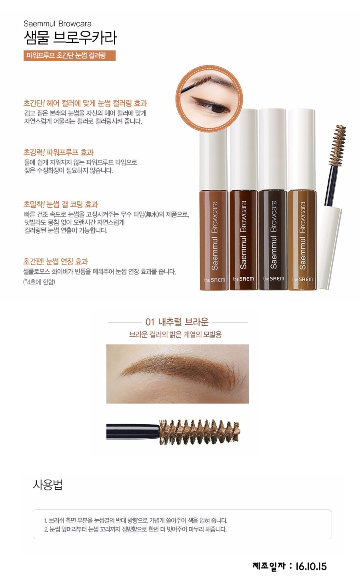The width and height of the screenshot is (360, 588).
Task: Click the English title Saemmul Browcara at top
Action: click(58, 24)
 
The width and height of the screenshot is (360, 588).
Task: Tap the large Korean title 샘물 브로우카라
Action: click(70, 38)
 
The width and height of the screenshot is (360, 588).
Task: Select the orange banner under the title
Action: click(70, 56)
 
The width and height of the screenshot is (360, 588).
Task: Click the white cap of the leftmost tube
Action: click(214, 160)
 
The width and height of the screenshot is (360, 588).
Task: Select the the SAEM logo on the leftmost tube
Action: click(214, 280)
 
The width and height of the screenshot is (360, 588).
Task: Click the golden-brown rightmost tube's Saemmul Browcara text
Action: click(302, 236)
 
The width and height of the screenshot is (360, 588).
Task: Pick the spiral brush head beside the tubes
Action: click(338, 146)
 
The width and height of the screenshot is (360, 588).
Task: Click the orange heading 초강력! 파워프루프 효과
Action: click(58, 152)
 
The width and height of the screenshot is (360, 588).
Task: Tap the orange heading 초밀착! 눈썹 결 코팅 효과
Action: click(61, 204)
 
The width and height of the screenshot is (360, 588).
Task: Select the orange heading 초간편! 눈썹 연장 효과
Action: click(56, 262)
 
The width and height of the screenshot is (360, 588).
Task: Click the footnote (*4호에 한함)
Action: click(39, 282)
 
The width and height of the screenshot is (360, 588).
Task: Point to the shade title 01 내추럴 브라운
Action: click(177, 322)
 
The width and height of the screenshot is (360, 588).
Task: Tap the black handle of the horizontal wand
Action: click(133, 431)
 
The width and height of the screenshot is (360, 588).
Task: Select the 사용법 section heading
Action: click(48, 484)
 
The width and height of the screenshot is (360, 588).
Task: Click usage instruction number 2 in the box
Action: click(136, 529)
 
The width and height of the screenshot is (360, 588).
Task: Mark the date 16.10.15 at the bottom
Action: click(311, 566)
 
